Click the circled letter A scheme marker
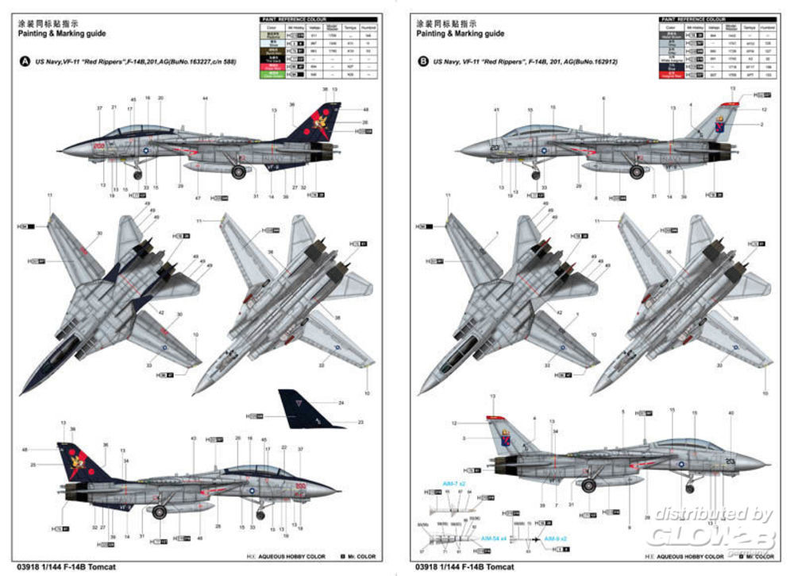(x=25, y=62)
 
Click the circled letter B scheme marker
(x=422, y=61)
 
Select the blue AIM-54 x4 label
(x=493, y=538)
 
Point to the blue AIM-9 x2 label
(x=556, y=538)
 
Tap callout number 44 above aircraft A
(x=205, y=98)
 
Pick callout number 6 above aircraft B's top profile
(x=603, y=98)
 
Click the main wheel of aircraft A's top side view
(x=238, y=172)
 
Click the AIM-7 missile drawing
(x=451, y=501)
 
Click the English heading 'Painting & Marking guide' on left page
(x=62, y=33)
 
